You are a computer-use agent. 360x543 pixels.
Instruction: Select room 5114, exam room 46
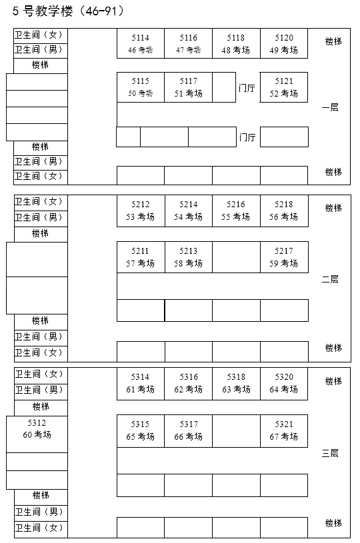tap(141, 44)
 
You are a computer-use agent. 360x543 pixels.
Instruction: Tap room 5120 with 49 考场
tap(284, 44)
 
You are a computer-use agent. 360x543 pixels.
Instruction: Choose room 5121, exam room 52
tap(284, 87)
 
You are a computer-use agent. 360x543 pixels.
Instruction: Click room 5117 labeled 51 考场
tap(188, 87)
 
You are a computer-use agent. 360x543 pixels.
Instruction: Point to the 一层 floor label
tap(330, 107)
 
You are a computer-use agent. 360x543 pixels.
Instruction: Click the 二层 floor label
tap(330, 279)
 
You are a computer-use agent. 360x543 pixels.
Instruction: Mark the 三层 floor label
tap(330, 453)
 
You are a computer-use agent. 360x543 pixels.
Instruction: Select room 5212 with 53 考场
tap(141, 211)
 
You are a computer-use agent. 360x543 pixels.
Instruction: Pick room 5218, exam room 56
tap(284, 211)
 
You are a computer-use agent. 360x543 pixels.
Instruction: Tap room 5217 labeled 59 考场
tap(284, 257)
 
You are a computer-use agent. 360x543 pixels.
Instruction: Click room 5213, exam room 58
tap(188, 257)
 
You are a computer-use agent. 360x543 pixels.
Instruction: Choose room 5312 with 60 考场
tap(37, 429)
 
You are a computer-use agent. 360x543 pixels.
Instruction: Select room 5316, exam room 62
tap(188, 383)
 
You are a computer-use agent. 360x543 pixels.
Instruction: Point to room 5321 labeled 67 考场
tap(284, 430)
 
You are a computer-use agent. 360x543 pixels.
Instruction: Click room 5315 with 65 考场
tap(141, 430)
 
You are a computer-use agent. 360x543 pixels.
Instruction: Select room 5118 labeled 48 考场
tap(236, 44)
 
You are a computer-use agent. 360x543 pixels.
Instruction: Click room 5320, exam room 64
tap(284, 383)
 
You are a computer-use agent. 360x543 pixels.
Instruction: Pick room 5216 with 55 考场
tap(236, 211)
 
